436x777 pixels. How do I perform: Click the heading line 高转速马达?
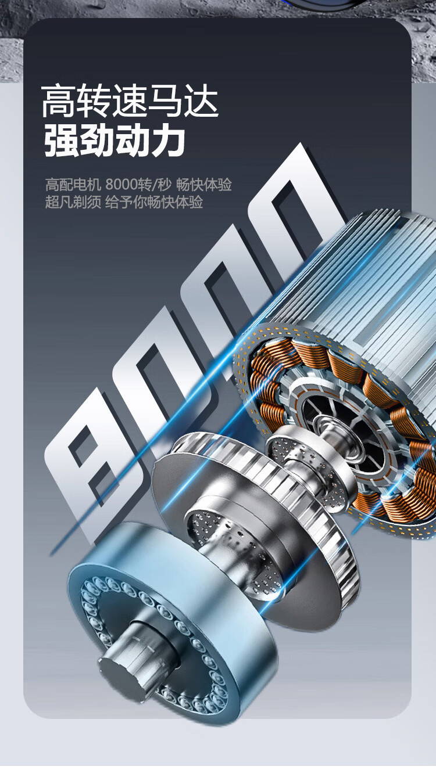pos(130,101)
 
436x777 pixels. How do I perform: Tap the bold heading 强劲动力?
pos(115,140)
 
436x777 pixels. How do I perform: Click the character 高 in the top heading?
pos(58,101)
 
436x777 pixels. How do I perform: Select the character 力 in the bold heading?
pos(168,140)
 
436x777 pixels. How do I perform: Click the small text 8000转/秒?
pos(138,184)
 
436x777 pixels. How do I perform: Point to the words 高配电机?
pos(73,184)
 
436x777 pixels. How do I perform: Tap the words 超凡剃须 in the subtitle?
pos(73,202)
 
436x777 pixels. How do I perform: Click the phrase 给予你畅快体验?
pos(154,202)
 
